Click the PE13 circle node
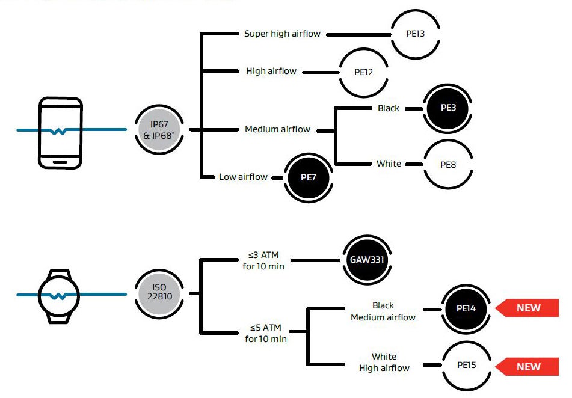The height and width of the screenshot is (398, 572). coord(415,34)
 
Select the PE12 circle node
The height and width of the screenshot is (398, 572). coord(364,72)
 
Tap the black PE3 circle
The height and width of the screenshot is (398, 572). coord(448,108)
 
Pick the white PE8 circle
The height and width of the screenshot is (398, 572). coord(448,164)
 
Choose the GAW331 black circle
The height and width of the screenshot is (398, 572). coord(367,260)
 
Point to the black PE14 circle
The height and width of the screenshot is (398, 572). coord(466,308)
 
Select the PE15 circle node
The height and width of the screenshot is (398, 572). coord(466,365)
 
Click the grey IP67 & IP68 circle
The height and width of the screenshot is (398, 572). coord(159,129)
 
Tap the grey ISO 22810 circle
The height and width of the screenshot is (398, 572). coord(159,293)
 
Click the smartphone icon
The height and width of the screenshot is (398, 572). coord(60,133)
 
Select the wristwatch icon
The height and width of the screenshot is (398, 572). coord(59,295)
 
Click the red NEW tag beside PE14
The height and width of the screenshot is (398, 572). coord(527,308)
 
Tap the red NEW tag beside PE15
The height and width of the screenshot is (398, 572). coord(527,366)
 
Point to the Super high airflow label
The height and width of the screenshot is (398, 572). coord(283,34)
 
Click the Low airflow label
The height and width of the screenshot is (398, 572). coord(244,177)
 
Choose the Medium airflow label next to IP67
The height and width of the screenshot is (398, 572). coord(278,129)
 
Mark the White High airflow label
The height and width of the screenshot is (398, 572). coord(384,363)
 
